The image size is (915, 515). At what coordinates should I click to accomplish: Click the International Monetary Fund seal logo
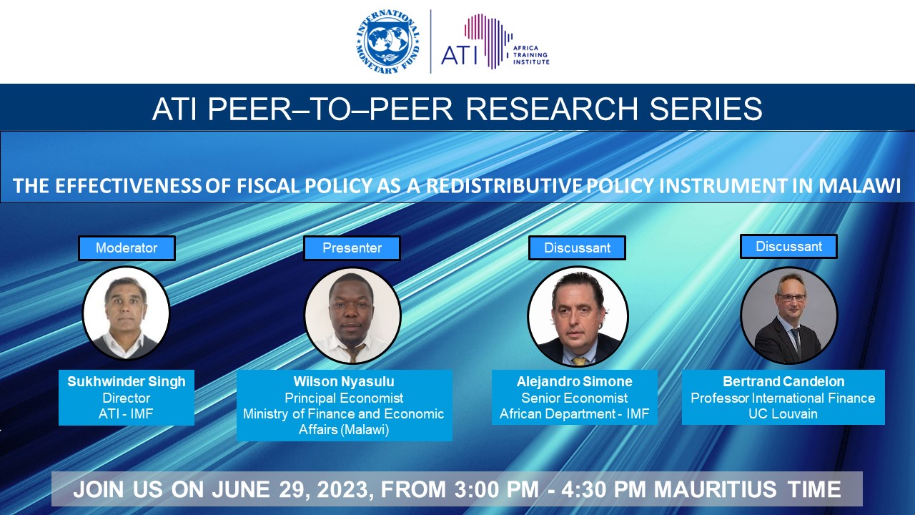(388, 41)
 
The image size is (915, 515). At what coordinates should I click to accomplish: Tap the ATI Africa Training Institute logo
(495, 41)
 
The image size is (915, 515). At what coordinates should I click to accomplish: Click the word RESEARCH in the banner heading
(552, 109)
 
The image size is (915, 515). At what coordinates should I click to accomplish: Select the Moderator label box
(127, 247)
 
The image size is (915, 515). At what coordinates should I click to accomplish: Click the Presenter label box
(352, 247)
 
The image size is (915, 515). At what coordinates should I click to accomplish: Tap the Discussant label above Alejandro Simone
(577, 247)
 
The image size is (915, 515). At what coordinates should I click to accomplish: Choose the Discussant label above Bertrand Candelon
(788, 247)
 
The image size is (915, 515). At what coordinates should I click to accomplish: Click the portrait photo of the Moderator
(126, 313)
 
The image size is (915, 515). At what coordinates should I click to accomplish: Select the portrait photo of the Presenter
(352, 315)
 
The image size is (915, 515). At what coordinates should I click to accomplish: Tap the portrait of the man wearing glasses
(788, 315)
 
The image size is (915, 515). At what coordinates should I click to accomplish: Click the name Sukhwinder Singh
(127, 381)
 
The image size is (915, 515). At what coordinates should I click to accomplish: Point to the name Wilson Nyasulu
(344, 381)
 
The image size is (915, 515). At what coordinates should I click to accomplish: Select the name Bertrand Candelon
(783, 381)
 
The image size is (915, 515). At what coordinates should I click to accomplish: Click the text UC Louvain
(783, 413)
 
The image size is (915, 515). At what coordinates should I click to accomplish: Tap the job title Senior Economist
(574, 398)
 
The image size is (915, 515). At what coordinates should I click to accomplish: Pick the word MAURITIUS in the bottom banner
(716, 489)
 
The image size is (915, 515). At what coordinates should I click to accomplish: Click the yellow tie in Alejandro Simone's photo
(579, 361)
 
